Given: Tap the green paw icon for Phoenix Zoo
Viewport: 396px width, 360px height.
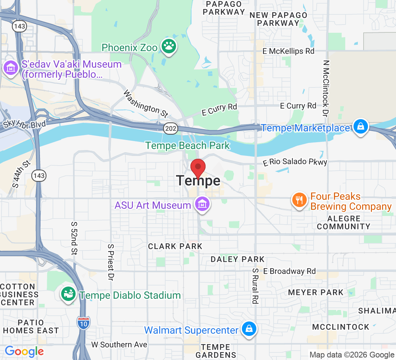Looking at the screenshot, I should (x=168, y=47).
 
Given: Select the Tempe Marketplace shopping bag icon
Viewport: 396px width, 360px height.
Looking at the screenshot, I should (x=360, y=127).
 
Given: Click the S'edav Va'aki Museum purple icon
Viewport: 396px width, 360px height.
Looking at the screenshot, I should (x=11, y=68).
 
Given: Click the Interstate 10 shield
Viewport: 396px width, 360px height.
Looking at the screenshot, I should (x=83, y=321).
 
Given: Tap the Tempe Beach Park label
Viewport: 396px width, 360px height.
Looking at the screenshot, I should (x=187, y=146).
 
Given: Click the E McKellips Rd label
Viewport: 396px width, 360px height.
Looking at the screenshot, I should (x=288, y=51).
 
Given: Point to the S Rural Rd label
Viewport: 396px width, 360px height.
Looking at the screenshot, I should (x=255, y=286).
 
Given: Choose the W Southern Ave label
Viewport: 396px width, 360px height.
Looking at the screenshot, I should (x=119, y=345).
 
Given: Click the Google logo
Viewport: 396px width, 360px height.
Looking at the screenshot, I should (x=24, y=351).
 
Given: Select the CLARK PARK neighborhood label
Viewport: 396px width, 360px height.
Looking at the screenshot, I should (x=175, y=246).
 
